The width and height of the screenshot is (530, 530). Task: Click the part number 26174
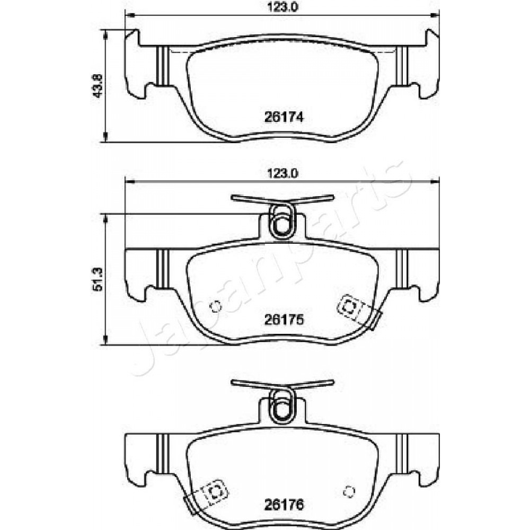tap(284, 117)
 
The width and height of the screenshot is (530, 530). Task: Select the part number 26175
tap(284, 320)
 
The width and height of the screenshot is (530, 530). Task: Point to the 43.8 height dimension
tap(98, 86)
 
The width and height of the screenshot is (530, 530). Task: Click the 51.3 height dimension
tap(98, 279)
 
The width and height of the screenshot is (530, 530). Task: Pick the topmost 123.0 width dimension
tap(282, 7)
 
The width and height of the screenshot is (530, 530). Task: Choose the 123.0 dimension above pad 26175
tap(282, 174)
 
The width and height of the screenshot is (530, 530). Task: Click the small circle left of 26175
tap(215, 306)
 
